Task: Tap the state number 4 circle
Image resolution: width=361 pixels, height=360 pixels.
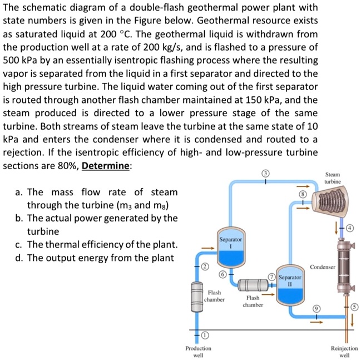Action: coord(350,228)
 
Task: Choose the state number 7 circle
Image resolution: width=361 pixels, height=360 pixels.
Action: coord(271,277)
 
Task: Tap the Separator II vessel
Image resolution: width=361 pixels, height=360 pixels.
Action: coord(289,285)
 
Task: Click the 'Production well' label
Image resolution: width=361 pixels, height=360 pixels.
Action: coord(198,351)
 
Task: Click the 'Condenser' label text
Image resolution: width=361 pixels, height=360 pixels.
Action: coord(322,267)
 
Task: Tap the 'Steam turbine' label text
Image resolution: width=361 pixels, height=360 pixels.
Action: coord(332,178)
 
